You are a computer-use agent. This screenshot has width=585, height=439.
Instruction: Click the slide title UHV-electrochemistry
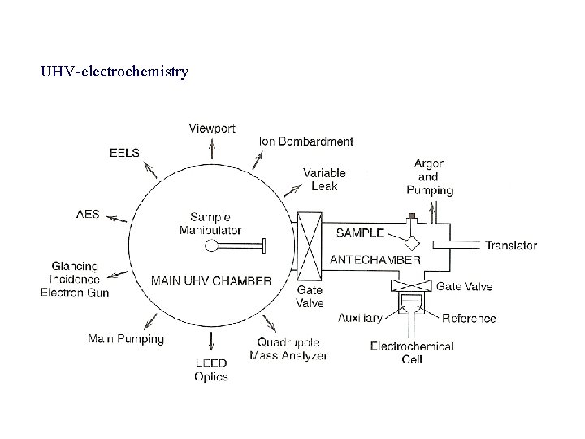point(115,72)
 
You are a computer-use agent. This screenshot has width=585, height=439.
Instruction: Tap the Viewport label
point(212,128)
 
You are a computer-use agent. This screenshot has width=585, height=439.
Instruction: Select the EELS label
point(124,152)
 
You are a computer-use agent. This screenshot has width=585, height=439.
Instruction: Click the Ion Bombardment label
point(306,141)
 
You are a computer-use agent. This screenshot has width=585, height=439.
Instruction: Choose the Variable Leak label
point(324,179)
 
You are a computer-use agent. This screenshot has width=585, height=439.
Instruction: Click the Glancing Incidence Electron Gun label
point(75,279)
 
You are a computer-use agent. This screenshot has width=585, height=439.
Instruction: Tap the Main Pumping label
point(126,338)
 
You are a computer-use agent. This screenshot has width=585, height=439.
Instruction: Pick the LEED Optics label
point(211,370)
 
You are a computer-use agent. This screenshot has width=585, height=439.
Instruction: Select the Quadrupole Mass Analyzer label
point(288,350)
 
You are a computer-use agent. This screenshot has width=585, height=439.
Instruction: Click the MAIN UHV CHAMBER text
point(211,281)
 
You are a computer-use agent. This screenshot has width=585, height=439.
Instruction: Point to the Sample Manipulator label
point(210,224)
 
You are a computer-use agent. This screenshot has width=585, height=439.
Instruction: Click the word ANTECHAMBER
point(375,260)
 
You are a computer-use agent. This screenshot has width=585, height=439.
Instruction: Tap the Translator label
point(511,245)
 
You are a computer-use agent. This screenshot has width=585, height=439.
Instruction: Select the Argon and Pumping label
point(430,177)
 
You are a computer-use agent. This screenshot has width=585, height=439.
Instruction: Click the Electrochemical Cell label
point(412,353)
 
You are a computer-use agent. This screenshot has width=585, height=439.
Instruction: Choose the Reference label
point(469,318)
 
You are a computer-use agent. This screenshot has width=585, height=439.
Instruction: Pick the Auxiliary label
point(360,318)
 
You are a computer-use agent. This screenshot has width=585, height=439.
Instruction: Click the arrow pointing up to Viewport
point(212,148)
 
